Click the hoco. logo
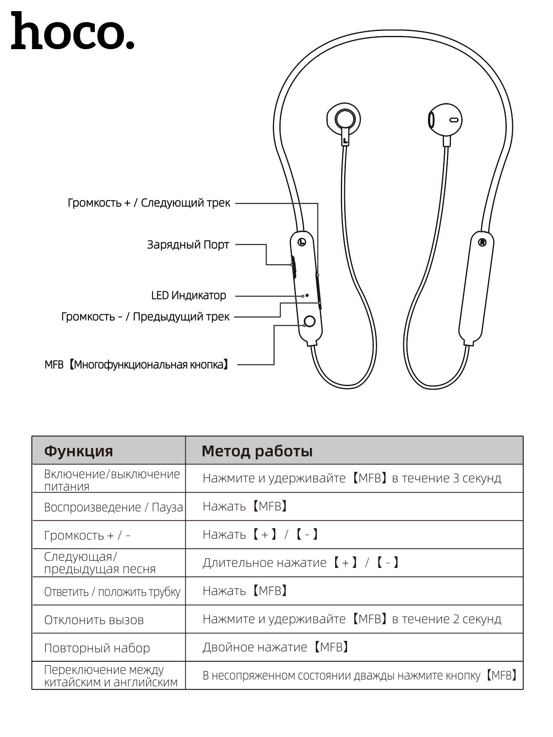[x=73, y=31]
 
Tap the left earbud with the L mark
[x=343, y=120]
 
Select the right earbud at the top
[x=445, y=119]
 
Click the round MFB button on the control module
[x=310, y=321]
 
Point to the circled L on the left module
[x=302, y=242]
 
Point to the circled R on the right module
[x=482, y=242]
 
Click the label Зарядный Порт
[x=188, y=245]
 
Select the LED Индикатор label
[x=189, y=296]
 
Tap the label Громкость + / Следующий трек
[x=149, y=203]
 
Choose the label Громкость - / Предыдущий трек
[x=145, y=317]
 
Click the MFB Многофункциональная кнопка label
[x=137, y=365]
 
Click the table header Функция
[x=78, y=451]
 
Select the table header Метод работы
[x=257, y=451]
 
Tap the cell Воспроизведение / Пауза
[x=113, y=507]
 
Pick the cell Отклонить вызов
[x=94, y=620]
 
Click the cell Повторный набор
[x=97, y=648]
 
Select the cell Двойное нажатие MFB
[x=276, y=647]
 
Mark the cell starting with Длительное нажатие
[x=301, y=563]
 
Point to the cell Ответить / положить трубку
[x=112, y=592]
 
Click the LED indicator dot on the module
[x=307, y=295]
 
